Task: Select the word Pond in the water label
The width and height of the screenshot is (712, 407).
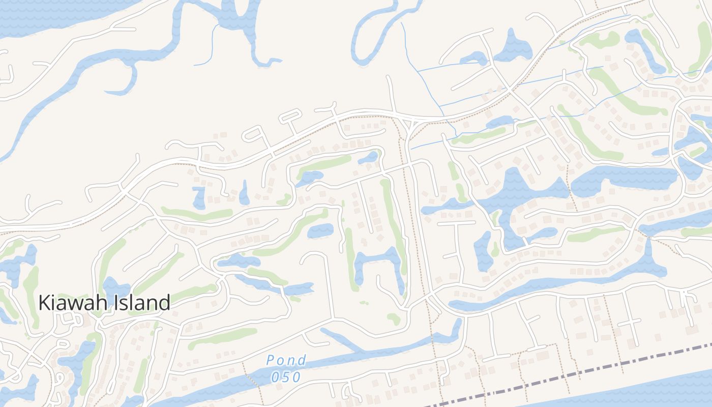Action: pyautogui.click(x=286, y=361)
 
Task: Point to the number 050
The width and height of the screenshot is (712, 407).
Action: pyautogui.click(x=286, y=377)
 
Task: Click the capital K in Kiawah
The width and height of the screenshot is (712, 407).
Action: pyautogui.click(x=44, y=303)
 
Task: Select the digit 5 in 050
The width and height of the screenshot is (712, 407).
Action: pyautogui.click(x=286, y=377)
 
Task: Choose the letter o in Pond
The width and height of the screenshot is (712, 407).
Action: pyautogui.click(x=282, y=361)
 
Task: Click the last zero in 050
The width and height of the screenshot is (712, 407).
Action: pyautogui.click(x=297, y=377)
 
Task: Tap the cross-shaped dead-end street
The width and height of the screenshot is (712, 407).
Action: pyautogui.click(x=630, y=322)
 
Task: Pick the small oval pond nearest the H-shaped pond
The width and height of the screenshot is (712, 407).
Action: pyautogui.click(x=320, y=230)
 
